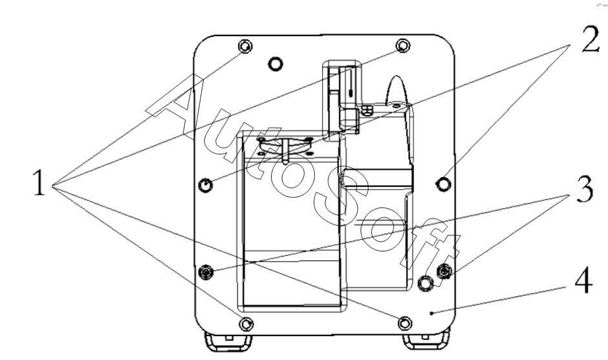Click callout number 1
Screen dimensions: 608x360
39,182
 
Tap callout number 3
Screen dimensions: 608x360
585,189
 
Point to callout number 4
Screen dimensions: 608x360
583,279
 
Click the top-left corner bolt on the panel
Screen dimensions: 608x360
245,47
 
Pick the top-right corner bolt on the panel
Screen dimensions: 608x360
403,46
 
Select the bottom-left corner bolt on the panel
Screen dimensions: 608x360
246,324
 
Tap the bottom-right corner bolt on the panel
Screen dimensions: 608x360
405,323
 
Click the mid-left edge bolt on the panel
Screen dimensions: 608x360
206,185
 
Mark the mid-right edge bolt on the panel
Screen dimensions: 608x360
444,184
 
